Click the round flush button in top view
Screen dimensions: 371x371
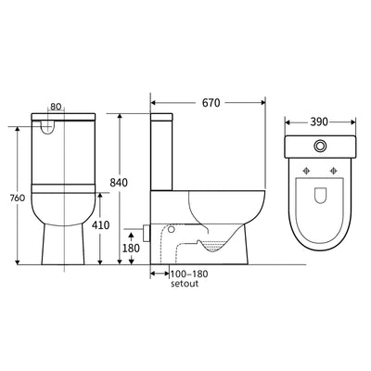[x=319, y=146]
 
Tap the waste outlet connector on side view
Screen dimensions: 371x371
[x=147, y=227]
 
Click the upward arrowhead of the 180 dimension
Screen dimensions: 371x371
[x=128, y=237]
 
